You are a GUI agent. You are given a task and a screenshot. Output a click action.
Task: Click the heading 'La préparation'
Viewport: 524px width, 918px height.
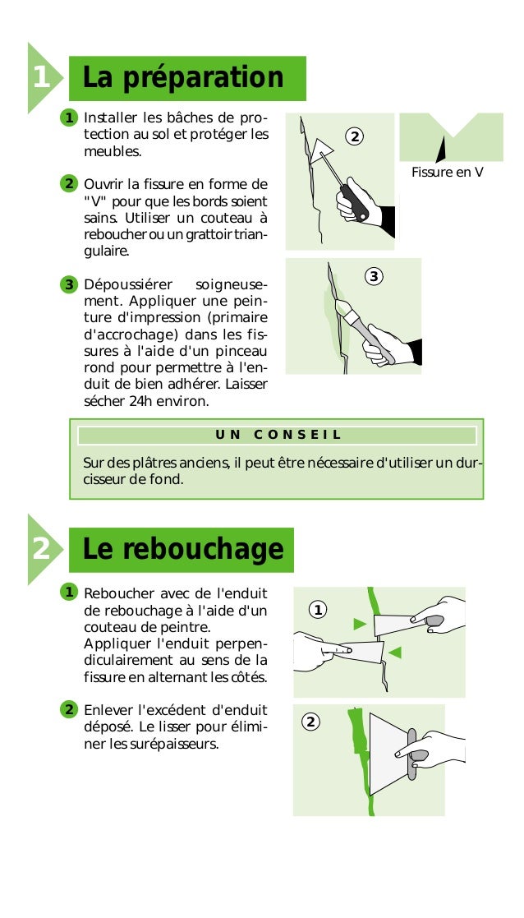(183, 78)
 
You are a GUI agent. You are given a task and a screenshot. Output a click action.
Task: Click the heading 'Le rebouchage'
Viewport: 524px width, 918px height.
(183, 549)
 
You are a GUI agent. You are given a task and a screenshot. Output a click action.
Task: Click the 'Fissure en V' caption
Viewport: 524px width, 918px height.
(448, 172)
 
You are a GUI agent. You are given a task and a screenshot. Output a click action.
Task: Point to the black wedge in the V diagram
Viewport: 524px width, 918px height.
(441, 150)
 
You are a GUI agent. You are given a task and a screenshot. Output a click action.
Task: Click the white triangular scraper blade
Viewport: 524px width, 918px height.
(320, 150)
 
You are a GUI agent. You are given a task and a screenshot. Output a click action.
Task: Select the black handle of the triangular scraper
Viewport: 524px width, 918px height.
(355, 202)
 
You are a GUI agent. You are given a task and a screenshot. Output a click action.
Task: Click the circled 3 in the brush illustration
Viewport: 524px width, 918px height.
(374, 276)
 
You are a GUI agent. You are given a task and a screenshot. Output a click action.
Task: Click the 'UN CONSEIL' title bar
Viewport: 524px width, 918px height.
(278, 435)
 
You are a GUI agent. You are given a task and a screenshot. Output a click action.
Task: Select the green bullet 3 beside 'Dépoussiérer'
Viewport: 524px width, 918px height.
(68, 285)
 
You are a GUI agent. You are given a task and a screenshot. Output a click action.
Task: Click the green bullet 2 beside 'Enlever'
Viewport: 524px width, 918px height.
(68, 710)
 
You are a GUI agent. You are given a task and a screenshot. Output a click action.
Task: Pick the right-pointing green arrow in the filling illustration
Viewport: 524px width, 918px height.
(361, 624)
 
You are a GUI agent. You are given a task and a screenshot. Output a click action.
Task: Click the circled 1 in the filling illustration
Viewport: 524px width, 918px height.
(318, 610)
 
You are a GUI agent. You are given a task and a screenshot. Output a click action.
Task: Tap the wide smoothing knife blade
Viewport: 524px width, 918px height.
(389, 754)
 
